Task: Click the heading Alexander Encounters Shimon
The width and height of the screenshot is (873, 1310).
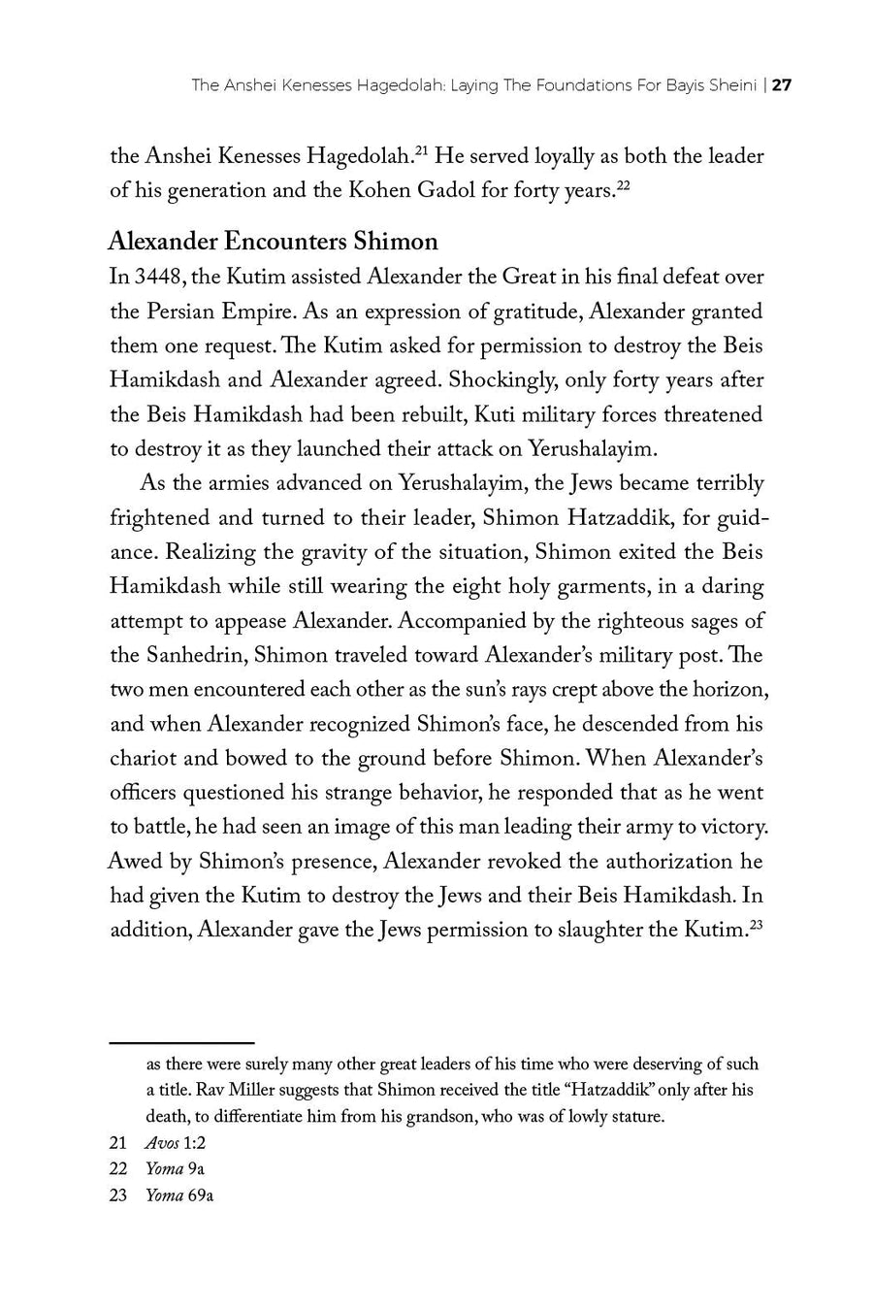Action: (x=273, y=241)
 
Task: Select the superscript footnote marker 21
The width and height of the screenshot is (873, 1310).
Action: (x=422, y=148)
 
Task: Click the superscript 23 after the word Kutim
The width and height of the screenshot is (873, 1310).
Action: (x=757, y=923)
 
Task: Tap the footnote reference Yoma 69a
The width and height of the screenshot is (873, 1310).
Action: (x=178, y=1195)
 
